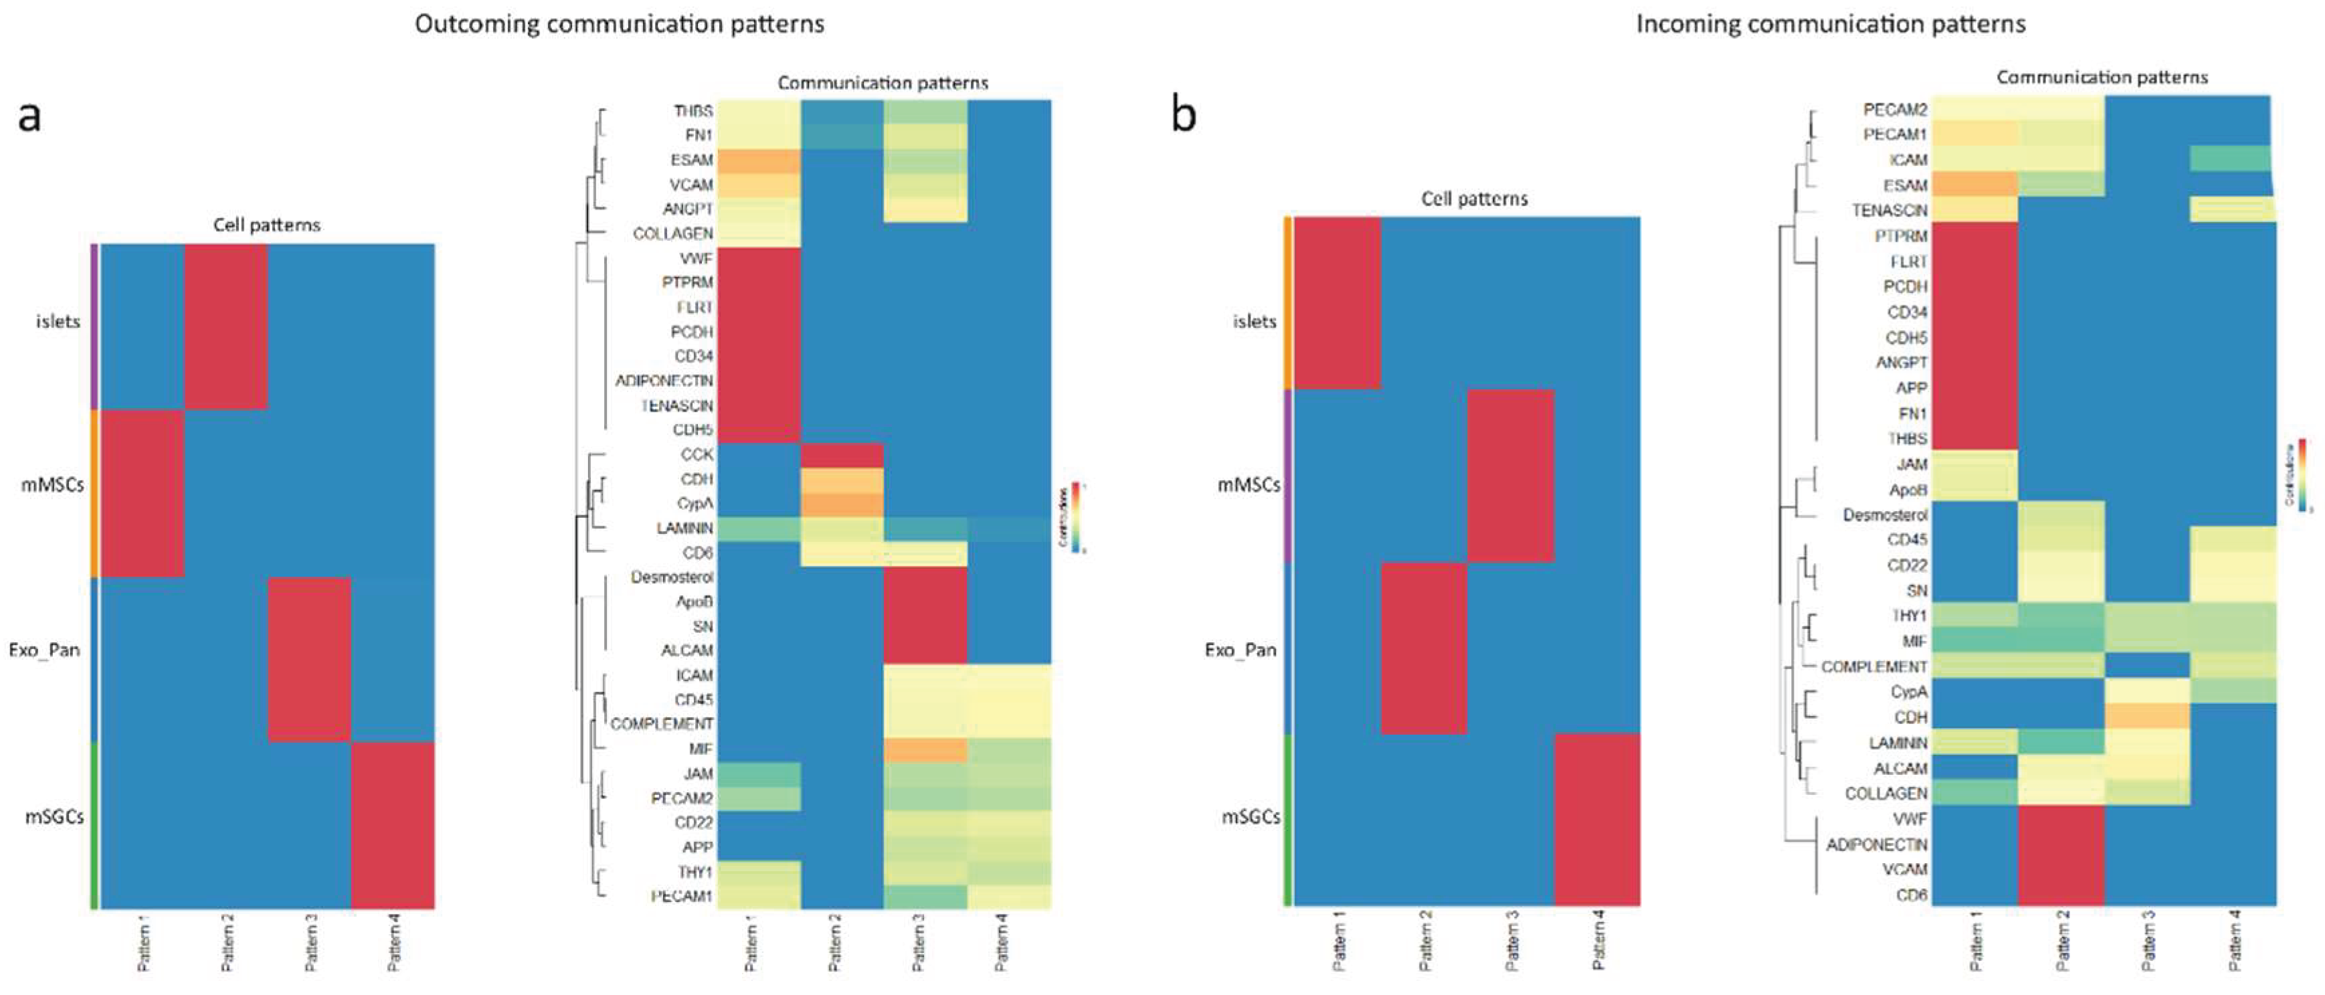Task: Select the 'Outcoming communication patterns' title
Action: click(x=619, y=23)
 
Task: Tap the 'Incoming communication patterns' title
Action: click(x=1831, y=23)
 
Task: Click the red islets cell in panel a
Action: click(x=225, y=327)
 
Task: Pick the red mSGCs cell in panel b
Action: click(x=1596, y=819)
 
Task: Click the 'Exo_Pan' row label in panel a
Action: click(x=44, y=650)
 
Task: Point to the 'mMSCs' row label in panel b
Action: click(x=1248, y=485)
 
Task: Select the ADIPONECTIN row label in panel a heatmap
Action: click(x=664, y=381)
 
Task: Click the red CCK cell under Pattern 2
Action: click(x=841, y=455)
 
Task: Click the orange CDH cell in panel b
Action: click(x=2147, y=717)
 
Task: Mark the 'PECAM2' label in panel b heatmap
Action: click(x=1895, y=109)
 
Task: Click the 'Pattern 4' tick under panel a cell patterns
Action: click(x=393, y=941)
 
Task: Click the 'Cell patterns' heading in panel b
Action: click(x=1474, y=199)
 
